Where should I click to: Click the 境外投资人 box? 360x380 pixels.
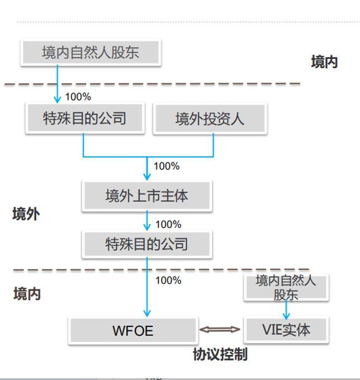pyautogui.click(x=210, y=118)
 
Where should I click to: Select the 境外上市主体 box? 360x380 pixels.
pyautogui.click(x=146, y=195)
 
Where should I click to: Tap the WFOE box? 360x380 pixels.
pyautogui.click(x=132, y=330)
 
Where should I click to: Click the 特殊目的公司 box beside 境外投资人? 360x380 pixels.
pyautogui.click(x=84, y=118)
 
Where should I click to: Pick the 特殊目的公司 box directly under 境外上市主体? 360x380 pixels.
pyautogui.click(x=146, y=244)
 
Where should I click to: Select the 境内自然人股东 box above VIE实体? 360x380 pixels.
pyautogui.click(x=286, y=287)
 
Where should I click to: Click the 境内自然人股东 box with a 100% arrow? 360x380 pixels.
pyautogui.click(x=91, y=53)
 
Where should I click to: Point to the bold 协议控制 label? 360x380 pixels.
pyautogui.click(x=220, y=354)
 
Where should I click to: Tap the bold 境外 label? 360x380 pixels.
pyautogui.click(x=26, y=214)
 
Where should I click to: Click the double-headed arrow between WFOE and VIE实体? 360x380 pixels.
pyautogui.click(x=220, y=330)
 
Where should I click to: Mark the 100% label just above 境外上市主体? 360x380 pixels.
pyautogui.click(x=167, y=166)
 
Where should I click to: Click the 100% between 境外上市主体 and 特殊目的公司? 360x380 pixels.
pyautogui.click(x=168, y=224)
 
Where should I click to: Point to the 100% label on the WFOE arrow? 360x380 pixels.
pyautogui.click(x=168, y=280)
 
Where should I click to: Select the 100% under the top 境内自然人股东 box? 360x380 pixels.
pyautogui.click(x=78, y=97)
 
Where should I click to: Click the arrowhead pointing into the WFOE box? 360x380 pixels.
pyautogui.click(x=147, y=313)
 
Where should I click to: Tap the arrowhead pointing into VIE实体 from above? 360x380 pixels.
pyautogui.click(x=286, y=316)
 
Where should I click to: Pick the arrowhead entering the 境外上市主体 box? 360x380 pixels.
pyautogui.click(x=147, y=177)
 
